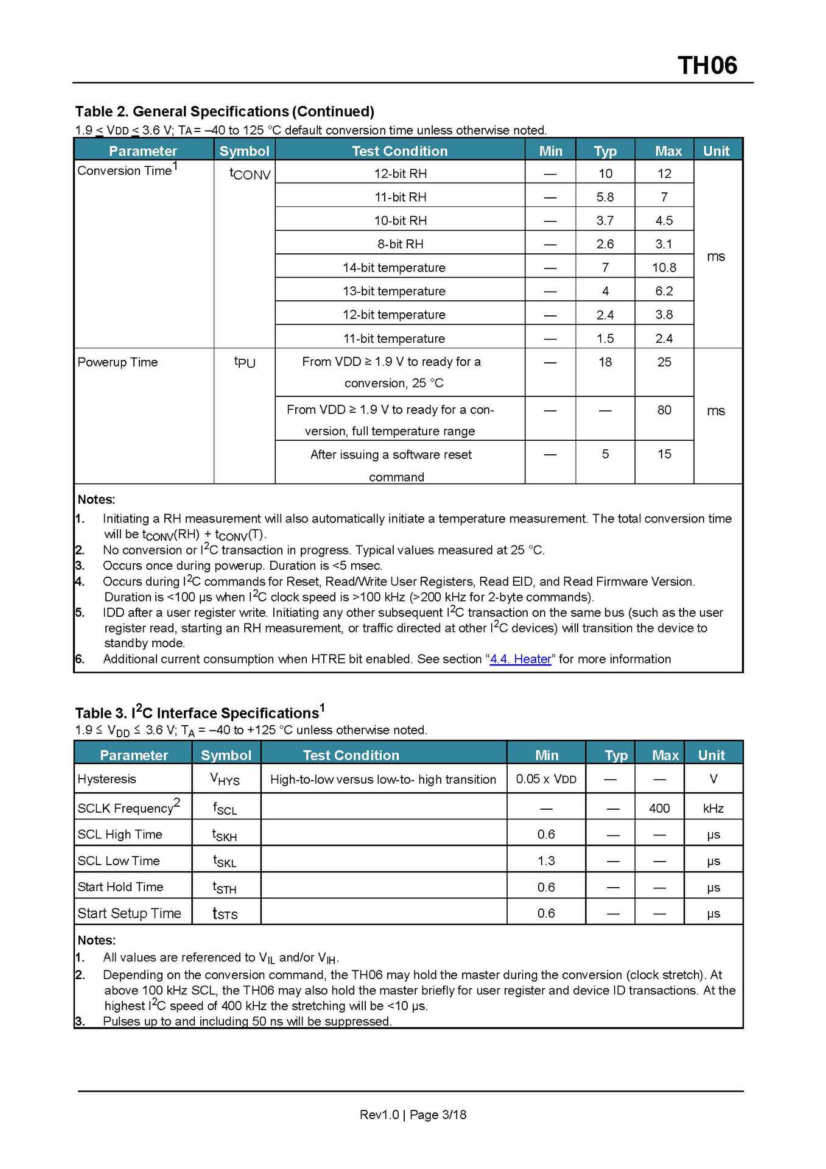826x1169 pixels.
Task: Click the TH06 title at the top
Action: tap(707, 66)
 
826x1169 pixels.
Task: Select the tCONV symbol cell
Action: tap(250, 174)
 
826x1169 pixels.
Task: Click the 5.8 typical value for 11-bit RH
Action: tap(604, 197)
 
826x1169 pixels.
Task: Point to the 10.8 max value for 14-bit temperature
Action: tap(663, 268)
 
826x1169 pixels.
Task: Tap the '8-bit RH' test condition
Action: tap(400, 244)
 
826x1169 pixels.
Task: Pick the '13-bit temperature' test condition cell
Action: tap(394, 291)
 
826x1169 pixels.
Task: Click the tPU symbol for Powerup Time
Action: tap(245, 362)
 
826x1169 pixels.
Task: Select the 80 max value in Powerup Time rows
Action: tap(663, 410)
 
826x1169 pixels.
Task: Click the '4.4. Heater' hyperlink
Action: tap(520, 659)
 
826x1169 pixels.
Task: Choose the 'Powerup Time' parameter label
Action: tap(117, 362)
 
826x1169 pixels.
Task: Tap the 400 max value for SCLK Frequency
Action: tap(659, 809)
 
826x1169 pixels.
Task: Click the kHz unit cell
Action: tap(713, 809)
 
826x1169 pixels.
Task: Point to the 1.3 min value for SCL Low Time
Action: tap(546, 861)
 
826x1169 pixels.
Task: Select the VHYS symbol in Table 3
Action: tap(225, 779)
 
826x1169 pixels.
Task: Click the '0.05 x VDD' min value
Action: tap(546, 779)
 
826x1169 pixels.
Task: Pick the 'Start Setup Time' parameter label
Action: tap(129, 913)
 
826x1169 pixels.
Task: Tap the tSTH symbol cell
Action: tap(225, 888)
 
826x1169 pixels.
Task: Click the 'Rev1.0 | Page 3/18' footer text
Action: tap(413, 1114)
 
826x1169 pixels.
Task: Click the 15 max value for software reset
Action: tap(663, 454)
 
